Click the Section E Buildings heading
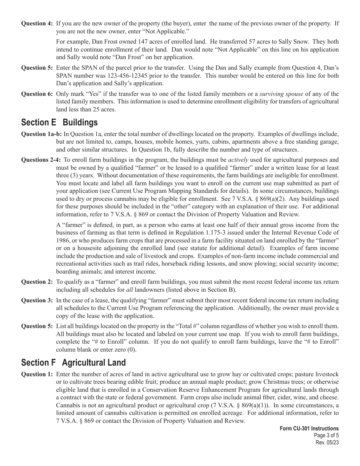pos(59,122)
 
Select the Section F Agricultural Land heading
pos(74,363)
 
